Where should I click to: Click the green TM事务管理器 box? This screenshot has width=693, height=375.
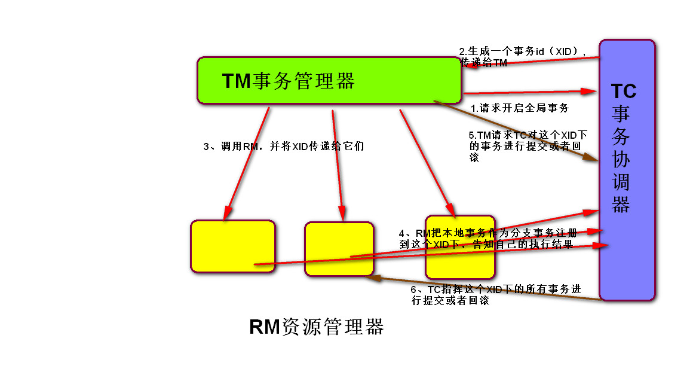(x=329, y=81)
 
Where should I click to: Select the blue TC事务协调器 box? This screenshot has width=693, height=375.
(x=627, y=170)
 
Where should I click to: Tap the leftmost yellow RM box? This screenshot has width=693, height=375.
(x=233, y=246)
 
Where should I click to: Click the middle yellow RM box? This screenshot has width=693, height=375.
(x=339, y=249)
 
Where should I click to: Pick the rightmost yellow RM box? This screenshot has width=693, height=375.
(x=460, y=247)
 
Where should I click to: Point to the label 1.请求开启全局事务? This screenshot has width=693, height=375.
(x=520, y=108)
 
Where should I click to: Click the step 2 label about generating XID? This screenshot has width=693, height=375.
(x=523, y=57)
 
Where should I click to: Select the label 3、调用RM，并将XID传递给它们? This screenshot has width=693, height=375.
(x=284, y=147)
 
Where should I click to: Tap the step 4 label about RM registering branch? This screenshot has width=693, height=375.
(x=488, y=239)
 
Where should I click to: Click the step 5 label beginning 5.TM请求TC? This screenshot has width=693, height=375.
(x=528, y=146)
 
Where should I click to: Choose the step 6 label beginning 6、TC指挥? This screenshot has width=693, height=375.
(x=495, y=295)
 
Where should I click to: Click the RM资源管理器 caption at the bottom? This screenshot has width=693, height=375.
(x=317, y=327)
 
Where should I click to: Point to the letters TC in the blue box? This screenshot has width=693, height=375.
(x=624, y=91)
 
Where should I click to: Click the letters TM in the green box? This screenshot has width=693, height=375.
(x=237, y=81)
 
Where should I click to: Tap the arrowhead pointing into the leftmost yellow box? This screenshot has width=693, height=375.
(x=228, y=213)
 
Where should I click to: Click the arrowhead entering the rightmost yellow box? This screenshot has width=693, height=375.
(x=450, y=209)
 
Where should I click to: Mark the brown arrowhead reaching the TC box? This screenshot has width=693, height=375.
(x=590, y=157)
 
